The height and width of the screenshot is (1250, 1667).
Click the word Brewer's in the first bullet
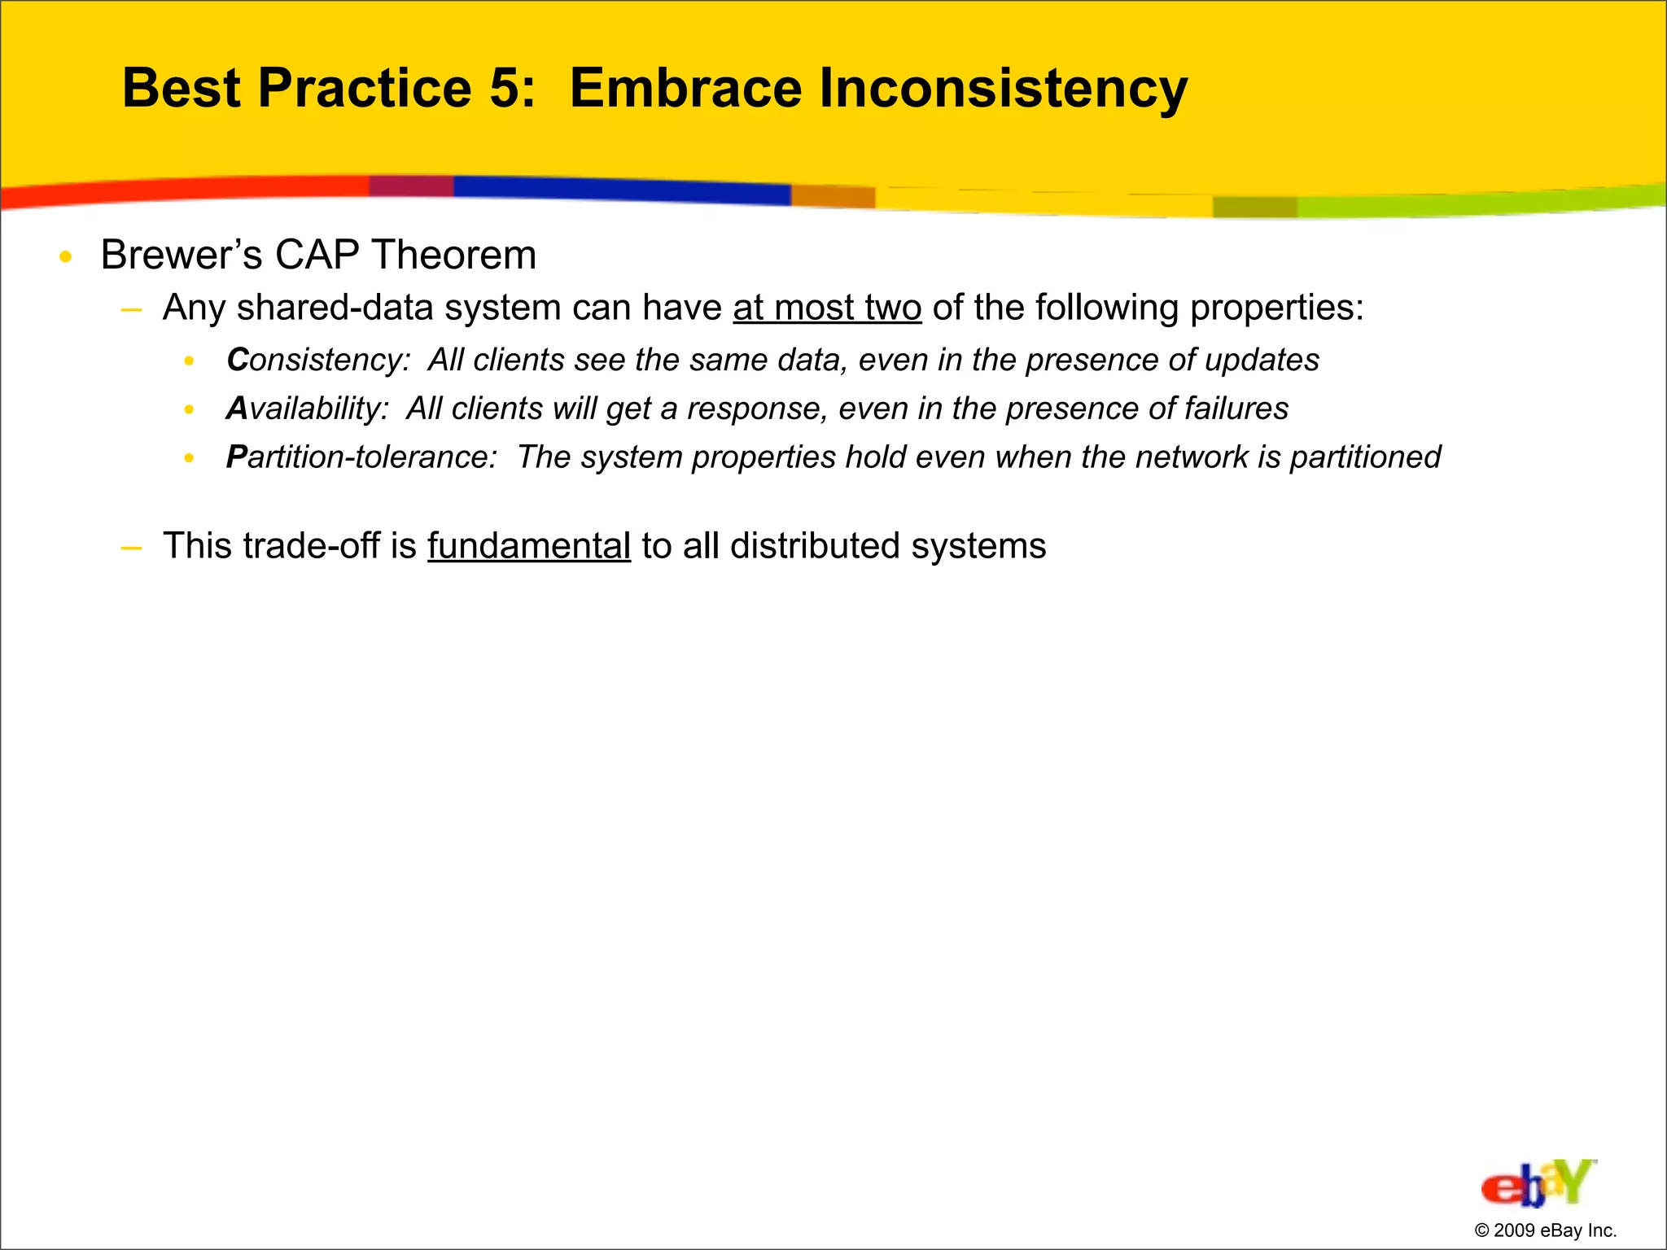[181, 256]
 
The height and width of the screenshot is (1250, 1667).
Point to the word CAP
[317, 256]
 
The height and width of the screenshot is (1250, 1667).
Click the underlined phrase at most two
[826, 308]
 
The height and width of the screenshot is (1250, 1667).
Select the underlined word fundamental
[528, 546]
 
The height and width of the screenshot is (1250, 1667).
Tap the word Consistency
[317, 361]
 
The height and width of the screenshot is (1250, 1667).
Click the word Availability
[307, 409]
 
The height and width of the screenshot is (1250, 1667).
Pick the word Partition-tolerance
[361, 457]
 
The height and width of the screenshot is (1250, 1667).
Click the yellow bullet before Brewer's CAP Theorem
[66, 258]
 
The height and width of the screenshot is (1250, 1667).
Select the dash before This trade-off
[130, 548]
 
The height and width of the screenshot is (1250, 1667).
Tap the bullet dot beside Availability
[189, 410]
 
